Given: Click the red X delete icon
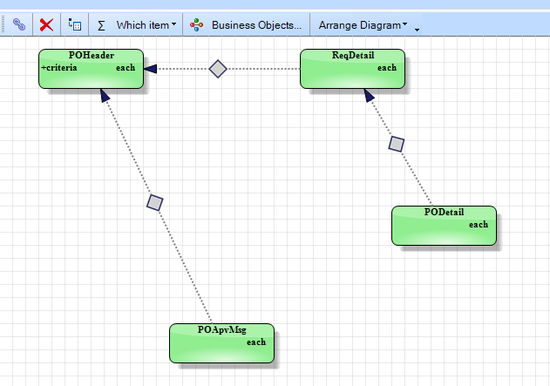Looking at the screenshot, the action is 46,25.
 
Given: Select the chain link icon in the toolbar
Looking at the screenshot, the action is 19,24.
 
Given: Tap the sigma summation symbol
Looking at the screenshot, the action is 101,25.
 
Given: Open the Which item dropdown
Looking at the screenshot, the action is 146,25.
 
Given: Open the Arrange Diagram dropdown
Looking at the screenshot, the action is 363,25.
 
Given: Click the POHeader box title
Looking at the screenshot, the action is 92,55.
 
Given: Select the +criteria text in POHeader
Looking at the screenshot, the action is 59,67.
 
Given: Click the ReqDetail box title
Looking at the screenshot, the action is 353,56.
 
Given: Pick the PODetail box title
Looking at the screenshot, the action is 444,212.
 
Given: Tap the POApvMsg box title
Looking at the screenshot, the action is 222,330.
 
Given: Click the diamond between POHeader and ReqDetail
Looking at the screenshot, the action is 218,69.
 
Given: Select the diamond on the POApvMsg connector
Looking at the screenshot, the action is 154,203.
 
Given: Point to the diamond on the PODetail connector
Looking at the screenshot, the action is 397,144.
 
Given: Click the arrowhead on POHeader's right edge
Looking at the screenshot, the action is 150,69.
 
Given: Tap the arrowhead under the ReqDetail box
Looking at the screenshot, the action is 369,95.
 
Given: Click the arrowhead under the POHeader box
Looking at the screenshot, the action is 105,95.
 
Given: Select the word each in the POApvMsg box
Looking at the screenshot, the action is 256,342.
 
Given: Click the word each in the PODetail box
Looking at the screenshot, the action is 479,225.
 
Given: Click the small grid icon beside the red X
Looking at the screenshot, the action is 75,24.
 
